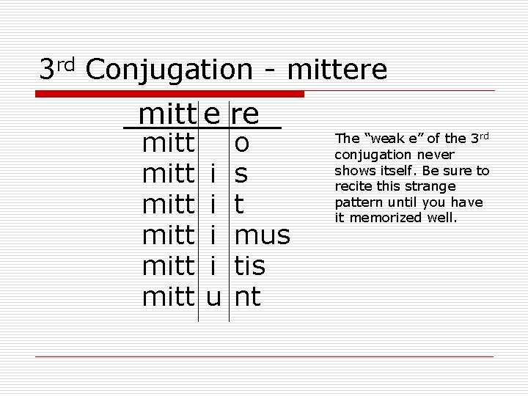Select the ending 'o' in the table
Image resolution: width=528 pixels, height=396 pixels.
(241, 143)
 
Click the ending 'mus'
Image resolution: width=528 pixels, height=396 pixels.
(262, 235)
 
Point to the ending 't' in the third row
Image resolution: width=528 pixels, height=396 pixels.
(238, 205)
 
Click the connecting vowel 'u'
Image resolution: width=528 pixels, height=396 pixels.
(212, 297)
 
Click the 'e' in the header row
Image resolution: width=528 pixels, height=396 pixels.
(212, 114)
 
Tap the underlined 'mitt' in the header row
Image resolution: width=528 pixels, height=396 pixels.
(167, 114)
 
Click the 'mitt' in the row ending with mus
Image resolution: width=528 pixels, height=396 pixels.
(167, 235)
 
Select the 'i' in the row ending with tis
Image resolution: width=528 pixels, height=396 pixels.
(212, 266)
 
